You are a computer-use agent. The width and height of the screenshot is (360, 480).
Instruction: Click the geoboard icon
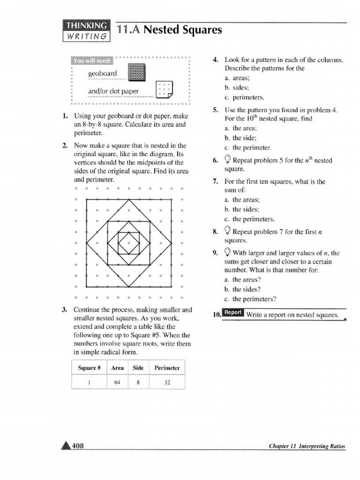tap(137, 74)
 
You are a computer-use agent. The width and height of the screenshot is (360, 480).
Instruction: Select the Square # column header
tap(90, 368)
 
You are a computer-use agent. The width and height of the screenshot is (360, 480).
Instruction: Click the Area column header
tap(118, 368)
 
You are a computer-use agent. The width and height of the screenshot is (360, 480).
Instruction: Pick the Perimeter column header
tap(167, 368)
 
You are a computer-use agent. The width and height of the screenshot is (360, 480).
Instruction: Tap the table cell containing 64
tap(118, 382)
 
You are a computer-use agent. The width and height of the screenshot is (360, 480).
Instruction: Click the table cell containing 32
tap(167, 382)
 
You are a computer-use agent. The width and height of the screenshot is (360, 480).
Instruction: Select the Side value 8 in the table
tap(138, 382)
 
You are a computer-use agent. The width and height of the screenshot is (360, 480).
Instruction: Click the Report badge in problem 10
tap(233, 313)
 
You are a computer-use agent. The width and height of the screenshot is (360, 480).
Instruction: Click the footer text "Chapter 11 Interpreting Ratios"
tap(307, 447)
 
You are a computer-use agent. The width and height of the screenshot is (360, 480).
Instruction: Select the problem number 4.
tap(215, 60)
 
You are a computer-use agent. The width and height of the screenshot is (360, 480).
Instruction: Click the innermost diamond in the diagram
tap(128, 243)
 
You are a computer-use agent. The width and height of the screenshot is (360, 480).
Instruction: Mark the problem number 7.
tap(215, 181)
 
